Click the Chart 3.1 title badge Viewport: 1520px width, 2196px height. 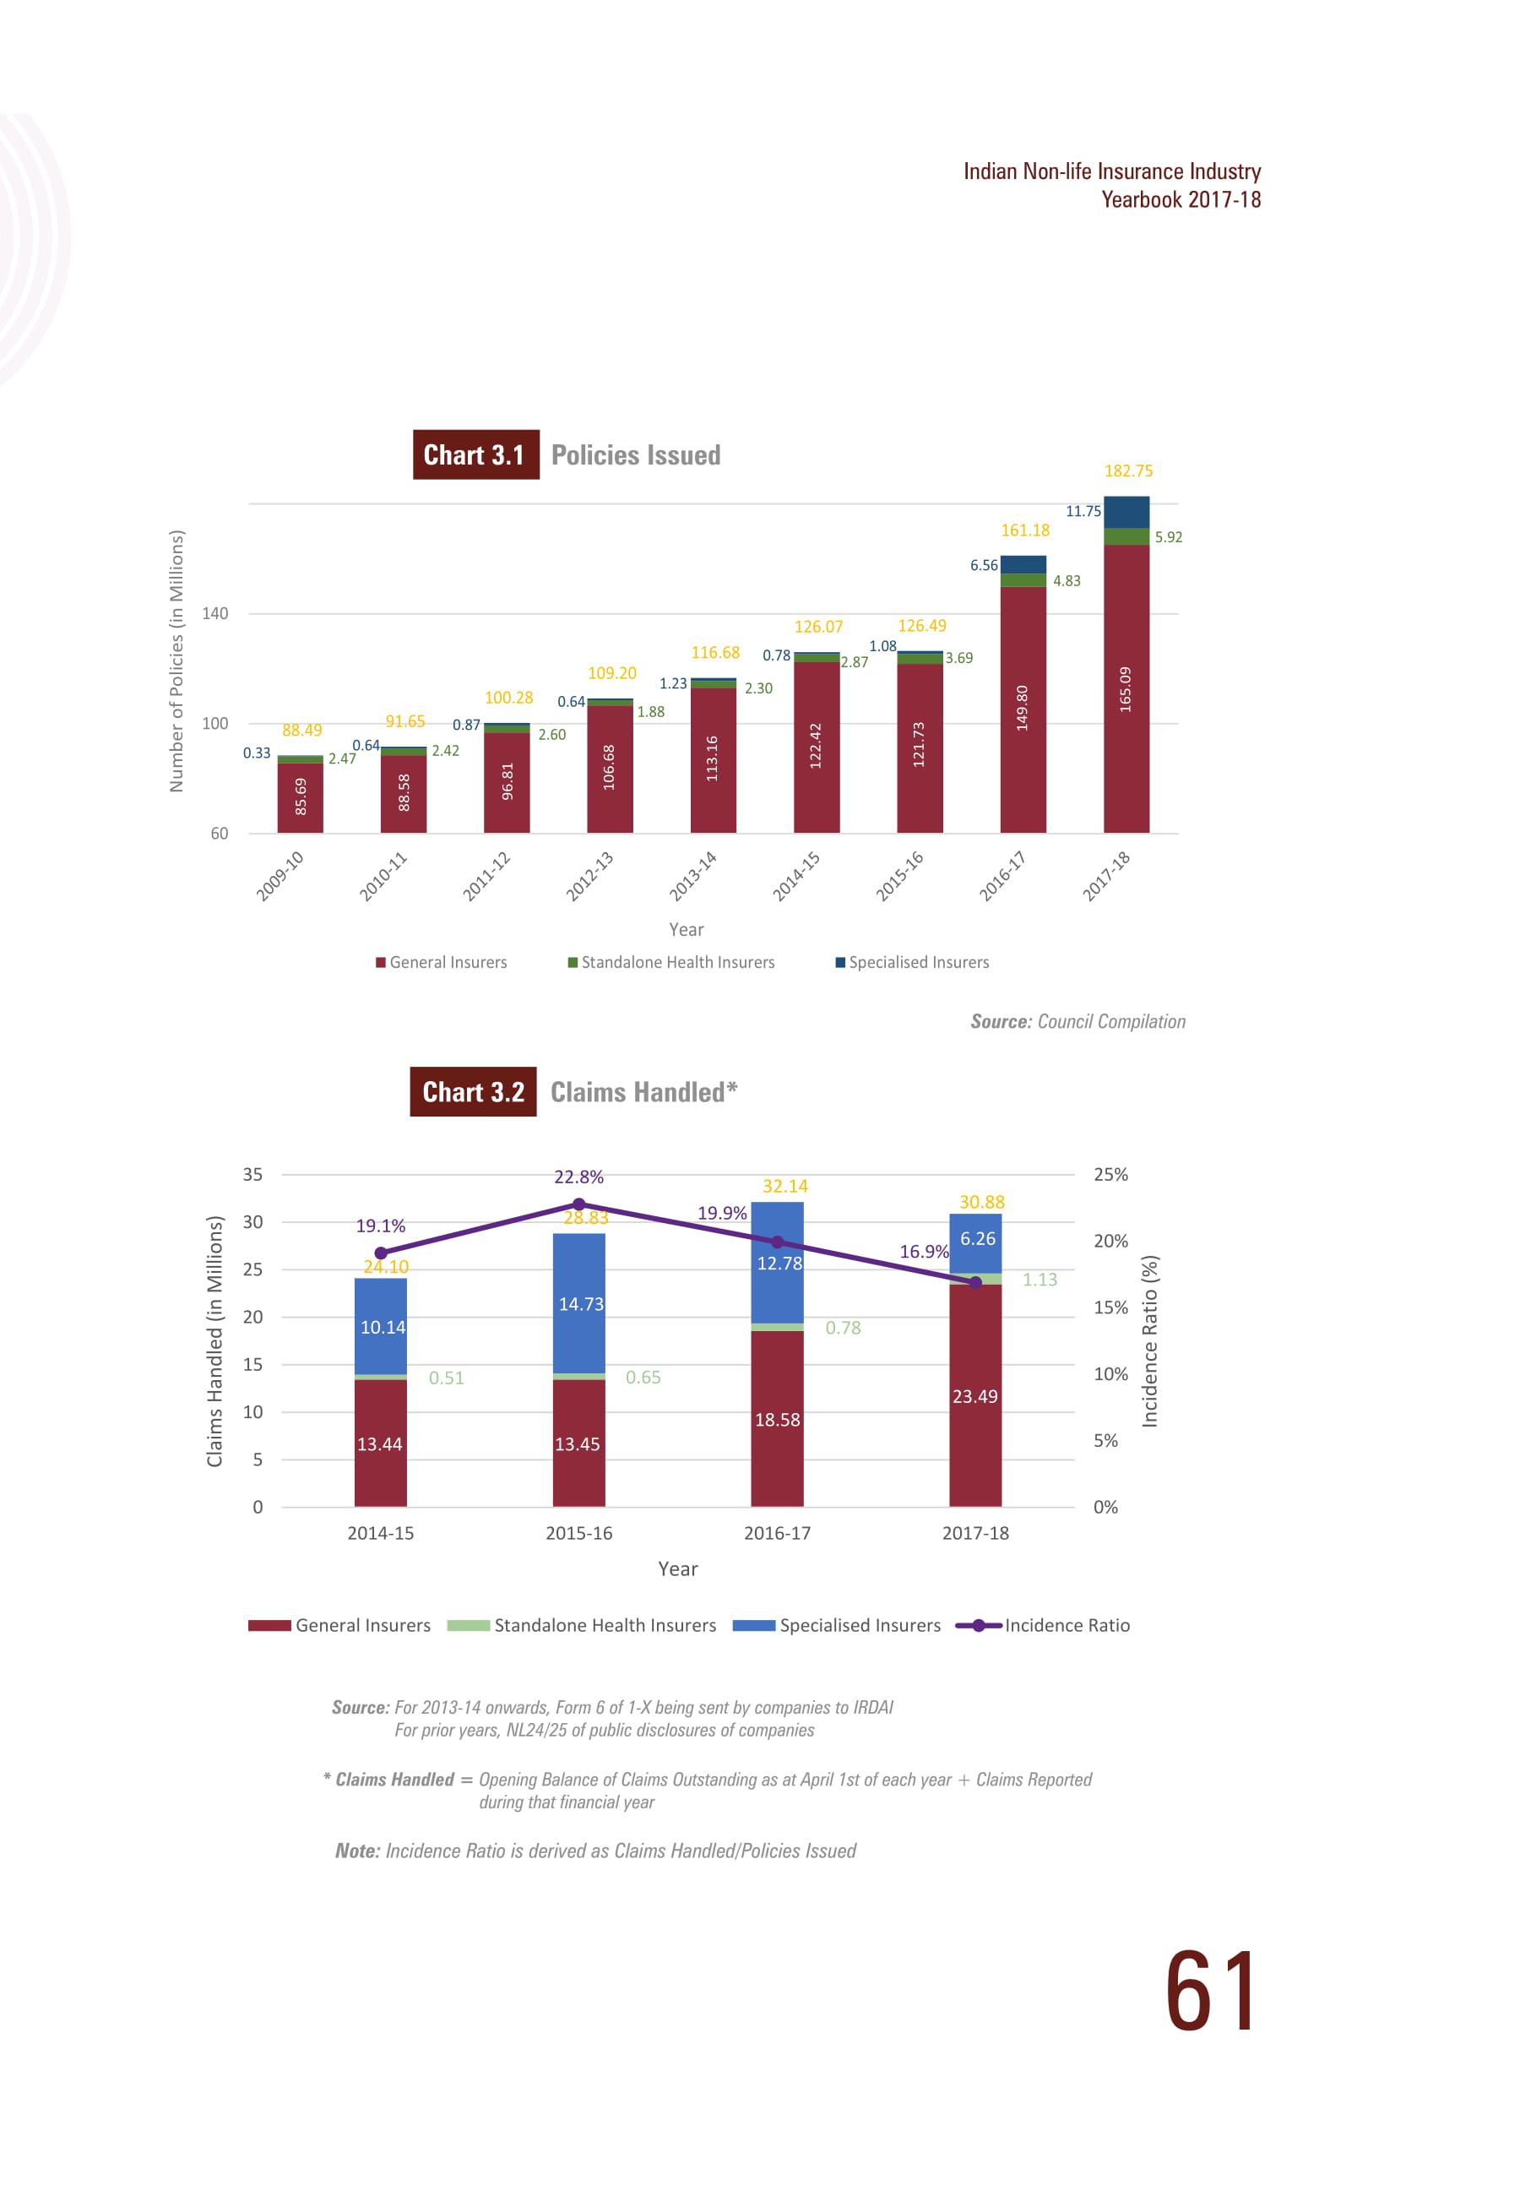(x=475, y=454)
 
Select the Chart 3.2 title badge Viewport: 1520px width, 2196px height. (x=474, y=1091)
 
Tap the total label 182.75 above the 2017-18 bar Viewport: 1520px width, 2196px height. (x=1128, y=470)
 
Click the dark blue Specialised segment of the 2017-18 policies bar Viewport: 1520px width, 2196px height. (x=1126, y=513)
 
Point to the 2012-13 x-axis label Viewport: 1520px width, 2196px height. (x=589, y=876)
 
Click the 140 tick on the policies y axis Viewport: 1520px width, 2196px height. (x=215, y=613)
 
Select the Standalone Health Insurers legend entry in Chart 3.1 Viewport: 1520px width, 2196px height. (x=671, y=962)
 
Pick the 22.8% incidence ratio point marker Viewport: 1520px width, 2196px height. (x=579, y=1204)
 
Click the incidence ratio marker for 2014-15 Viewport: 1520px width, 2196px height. (x=381, y=1253)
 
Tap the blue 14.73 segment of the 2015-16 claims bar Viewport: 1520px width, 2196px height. (x=579, y=1304)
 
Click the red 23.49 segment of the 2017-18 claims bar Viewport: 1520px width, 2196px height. (x=975, y=1395)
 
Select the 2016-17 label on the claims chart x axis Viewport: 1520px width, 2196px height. (x=777, y=1533)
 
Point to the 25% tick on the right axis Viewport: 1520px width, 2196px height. (x=1110, y=1174)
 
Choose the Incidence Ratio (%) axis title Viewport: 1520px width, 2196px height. (x=1149, y=1341)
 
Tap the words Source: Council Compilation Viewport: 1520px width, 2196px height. (x=1078, y=1021)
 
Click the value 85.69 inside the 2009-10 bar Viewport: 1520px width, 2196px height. (x=301, y=796)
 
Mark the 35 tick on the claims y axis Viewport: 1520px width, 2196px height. (x=252, y=1174)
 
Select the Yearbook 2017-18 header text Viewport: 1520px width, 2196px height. (x=1181, y=199)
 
